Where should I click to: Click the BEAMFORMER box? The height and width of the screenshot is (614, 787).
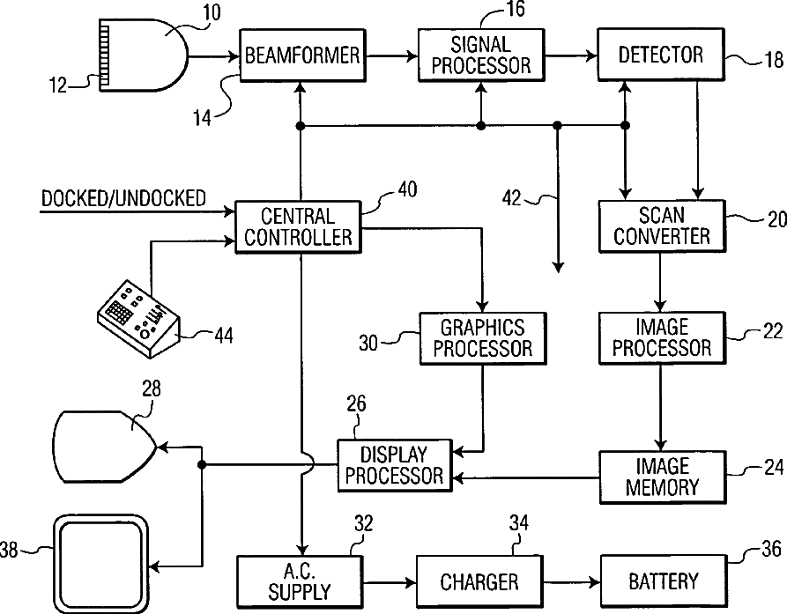(301, 55)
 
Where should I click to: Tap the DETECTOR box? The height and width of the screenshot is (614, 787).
(660, 55)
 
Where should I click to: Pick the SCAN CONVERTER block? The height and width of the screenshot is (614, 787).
(661, 225)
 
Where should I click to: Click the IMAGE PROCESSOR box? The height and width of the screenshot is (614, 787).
(661, 337)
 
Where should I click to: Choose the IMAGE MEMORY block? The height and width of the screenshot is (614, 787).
(662, 476)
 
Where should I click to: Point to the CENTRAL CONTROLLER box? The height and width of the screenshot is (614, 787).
(298, 226)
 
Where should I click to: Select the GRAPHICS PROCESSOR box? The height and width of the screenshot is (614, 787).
(482, 337)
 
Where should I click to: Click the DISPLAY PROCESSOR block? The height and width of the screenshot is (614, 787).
(393, 466)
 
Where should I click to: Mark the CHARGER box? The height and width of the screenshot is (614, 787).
(479, 581)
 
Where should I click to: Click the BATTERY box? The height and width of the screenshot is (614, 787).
(662, 581)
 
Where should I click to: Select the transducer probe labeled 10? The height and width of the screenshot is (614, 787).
(145, 56)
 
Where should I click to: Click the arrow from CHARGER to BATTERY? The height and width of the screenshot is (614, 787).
(570, 581)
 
